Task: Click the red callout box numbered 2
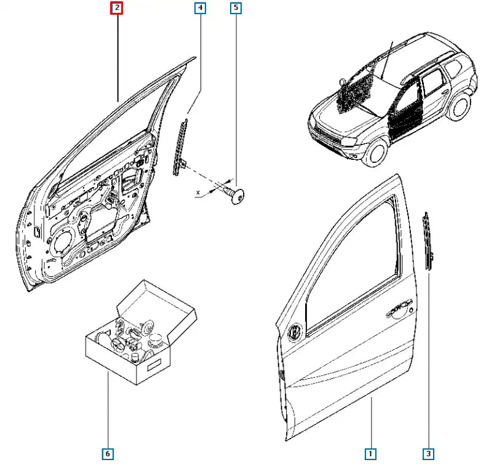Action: pyautogui.click(x=116, y=8)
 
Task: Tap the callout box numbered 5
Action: pyautogui.click(x=236, y=8)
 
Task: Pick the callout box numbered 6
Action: pyautogui.click(x=108, y=454)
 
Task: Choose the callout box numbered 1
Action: pyautogui.click(x=371, y=454)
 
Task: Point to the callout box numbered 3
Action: pyautogui.click(x=428, y=454)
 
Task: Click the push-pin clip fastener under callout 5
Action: pyautogui.click(x=236, y=196)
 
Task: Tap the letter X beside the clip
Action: pyautogui.click(x=198, y=193)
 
